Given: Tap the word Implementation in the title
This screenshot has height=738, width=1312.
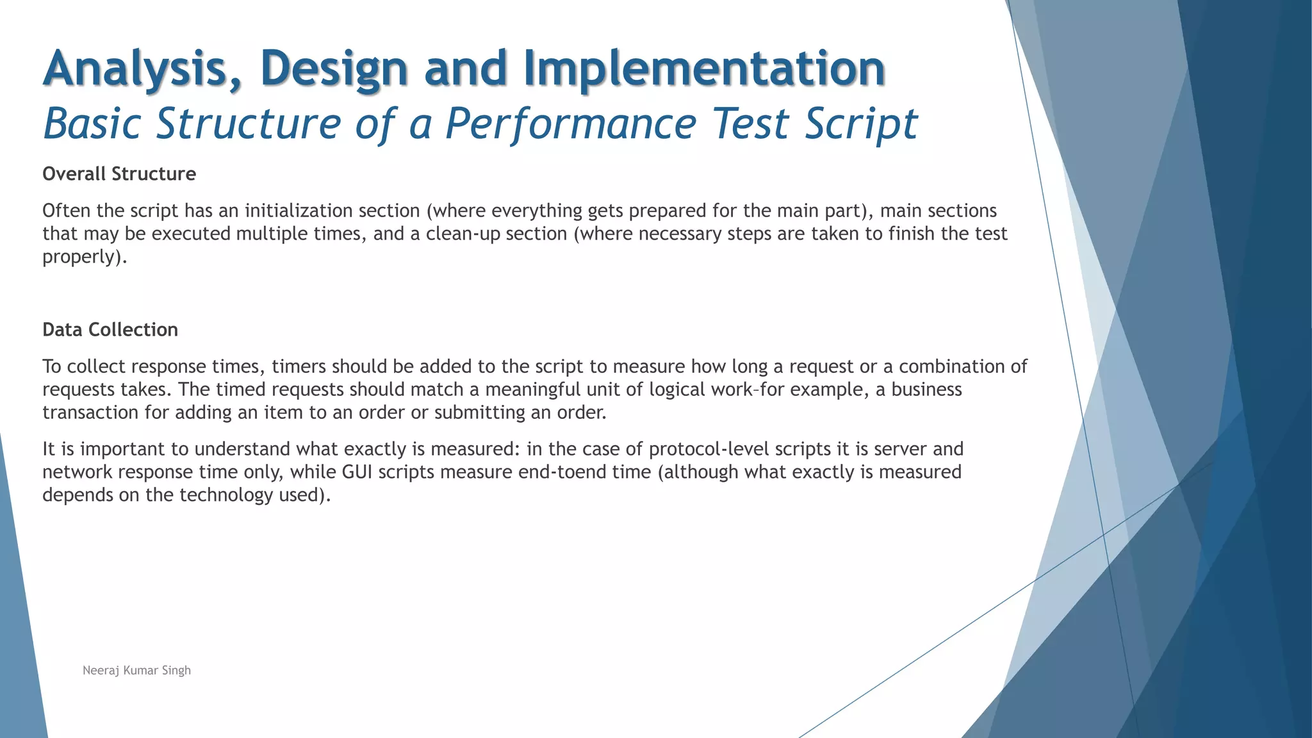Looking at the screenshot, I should click(x=705, y=69).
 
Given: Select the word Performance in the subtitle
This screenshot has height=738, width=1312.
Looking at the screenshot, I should click(x=571, y=124).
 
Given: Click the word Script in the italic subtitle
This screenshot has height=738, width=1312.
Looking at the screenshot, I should click(x=861, y=124).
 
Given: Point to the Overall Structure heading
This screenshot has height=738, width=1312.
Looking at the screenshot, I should click(x=119, y=174).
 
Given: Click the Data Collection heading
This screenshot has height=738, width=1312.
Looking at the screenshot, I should click(x=110, y=330).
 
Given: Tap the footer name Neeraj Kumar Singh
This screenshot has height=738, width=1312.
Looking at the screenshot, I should click(x=136, y=671).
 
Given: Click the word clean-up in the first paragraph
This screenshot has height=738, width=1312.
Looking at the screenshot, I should click(x=463, y=234).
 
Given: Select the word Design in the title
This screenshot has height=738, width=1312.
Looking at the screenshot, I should click(x=334, y=69).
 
